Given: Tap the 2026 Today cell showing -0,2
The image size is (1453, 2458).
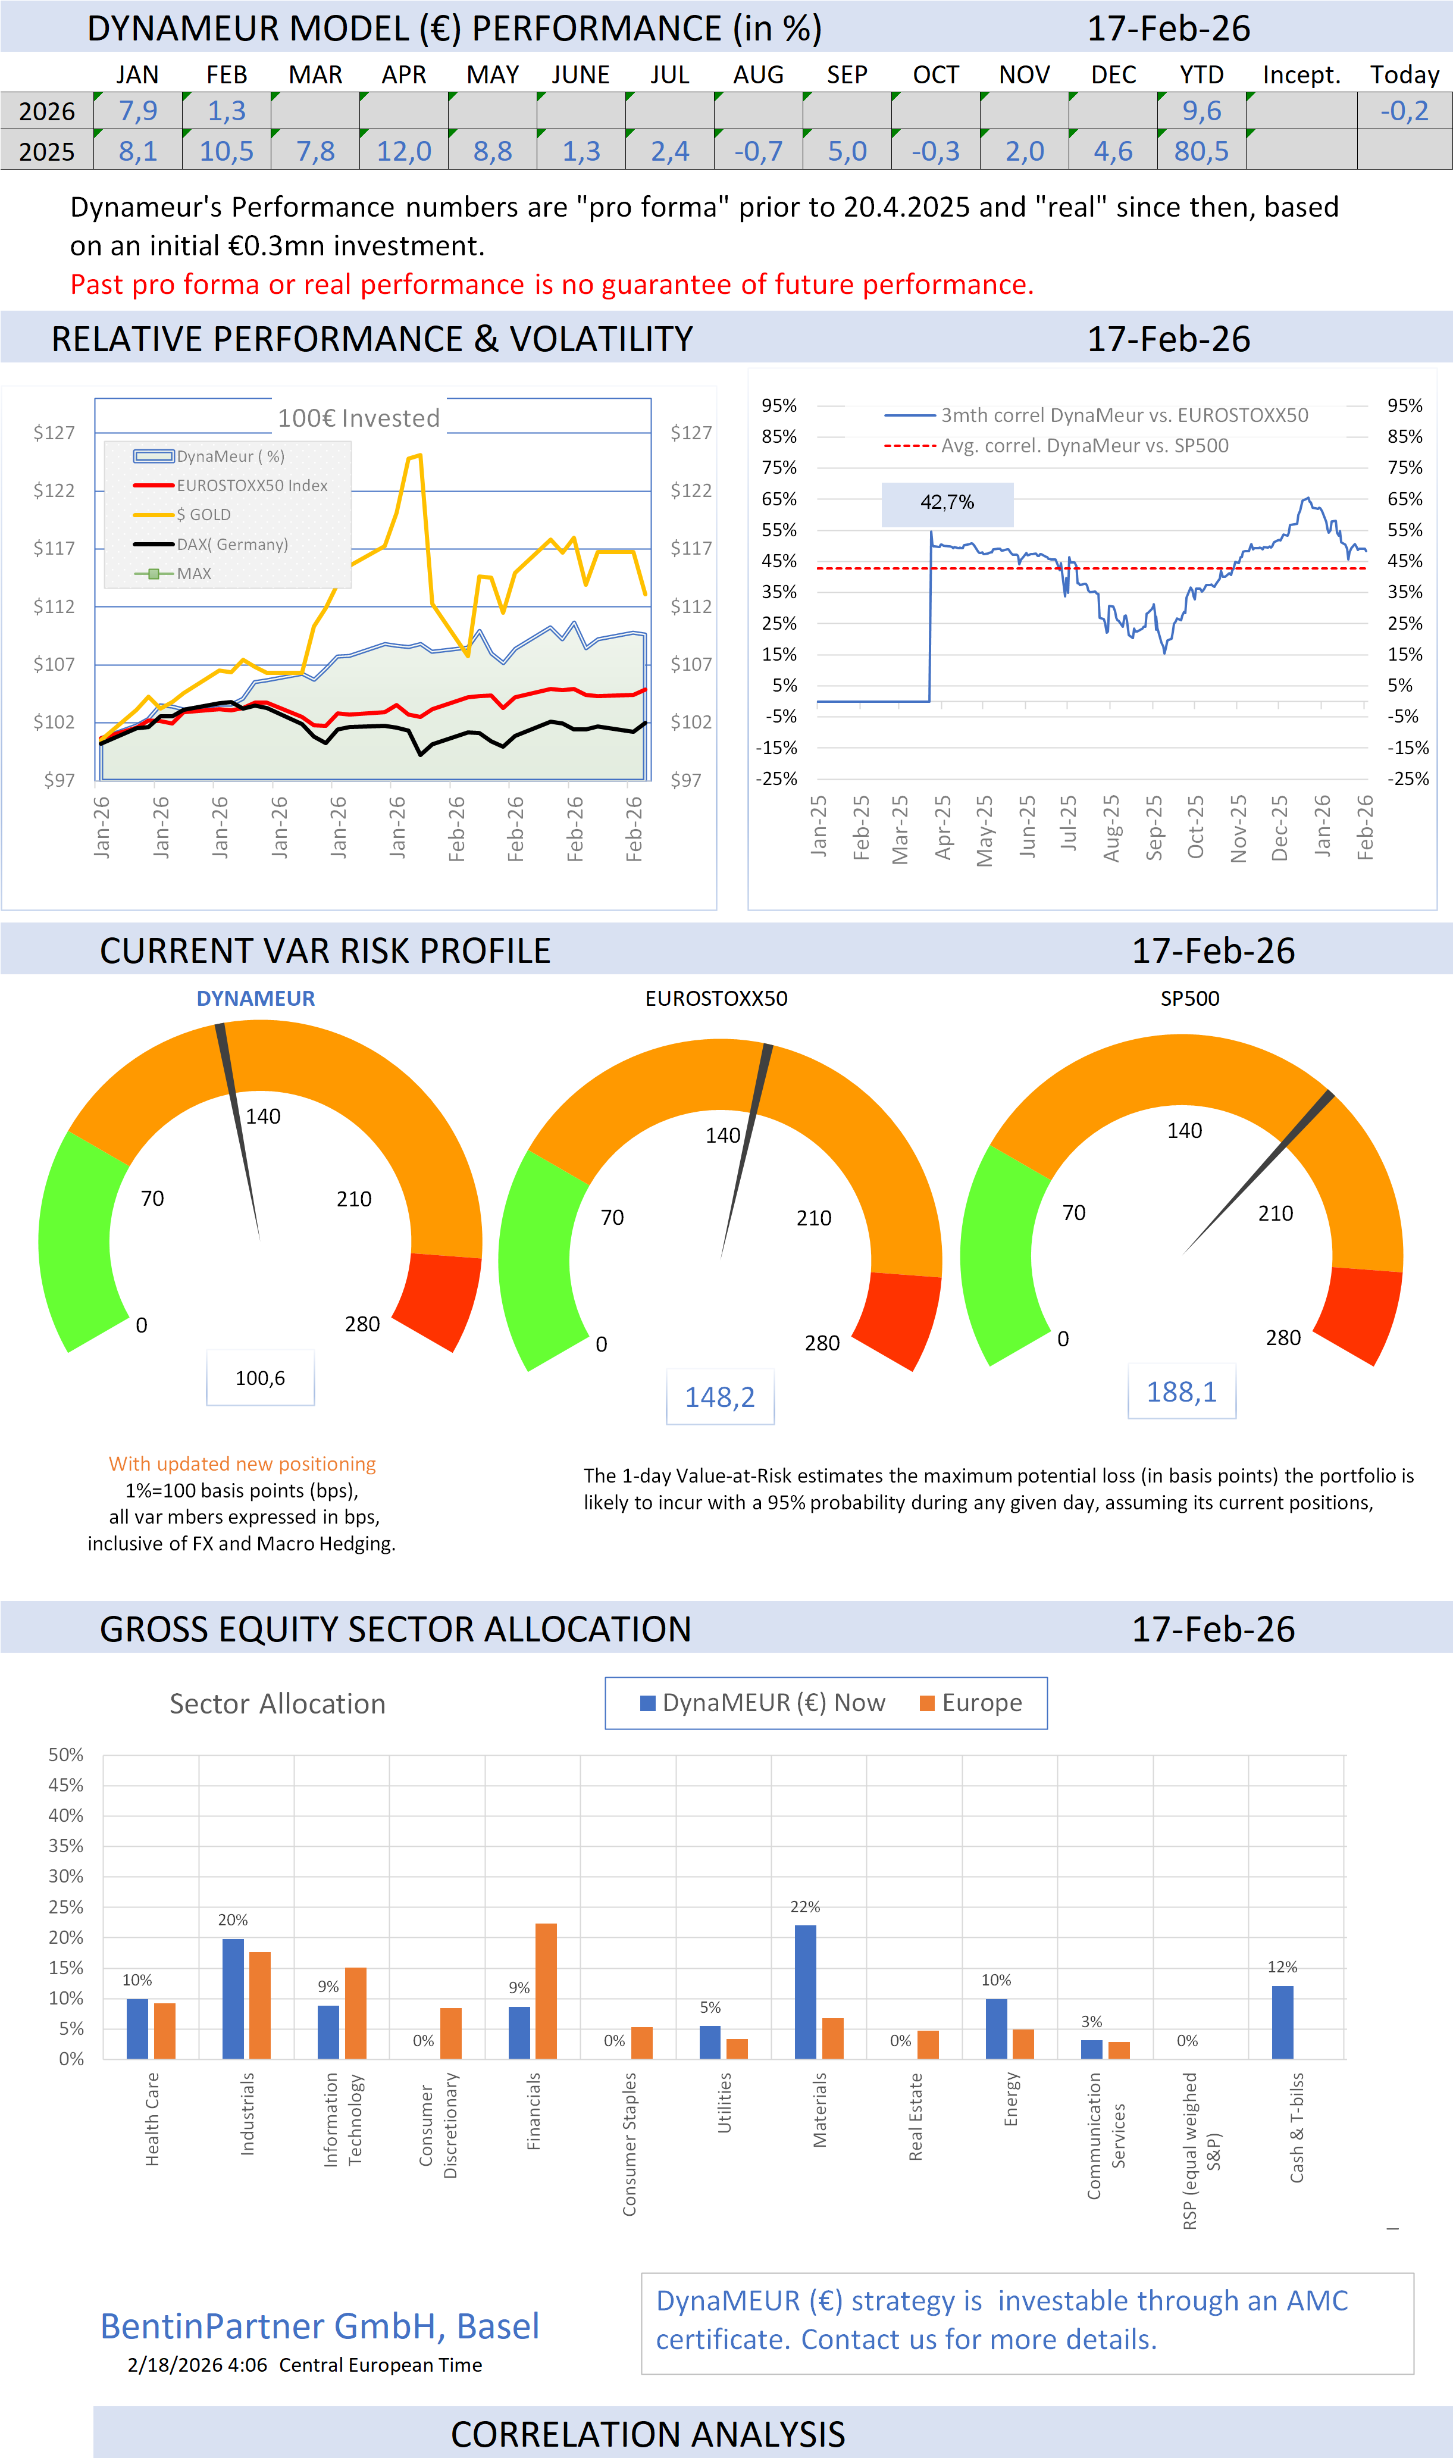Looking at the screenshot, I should click(x=1404, y=111).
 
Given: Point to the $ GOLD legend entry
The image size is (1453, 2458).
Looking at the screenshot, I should click(x=203, y=514).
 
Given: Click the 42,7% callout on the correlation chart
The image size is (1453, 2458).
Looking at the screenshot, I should click(x=947, y=502).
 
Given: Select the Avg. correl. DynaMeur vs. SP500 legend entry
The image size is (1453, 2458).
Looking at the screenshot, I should click(x=1084, y=446).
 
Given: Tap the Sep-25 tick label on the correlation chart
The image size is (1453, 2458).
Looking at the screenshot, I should click(x=1154, y=827).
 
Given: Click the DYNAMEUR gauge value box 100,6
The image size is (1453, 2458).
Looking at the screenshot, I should click(x=261, y=1378).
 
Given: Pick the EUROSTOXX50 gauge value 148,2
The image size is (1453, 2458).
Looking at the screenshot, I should click(x=719, y=1397).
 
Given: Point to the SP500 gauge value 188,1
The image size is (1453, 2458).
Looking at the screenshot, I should click(x=1182, y=1391).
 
